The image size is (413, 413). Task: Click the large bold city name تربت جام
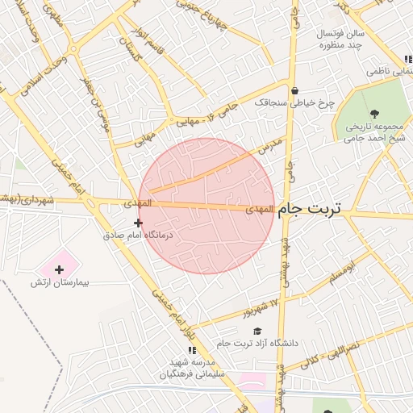tap(310, 208)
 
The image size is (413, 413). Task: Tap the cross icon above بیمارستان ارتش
tap(59, 269)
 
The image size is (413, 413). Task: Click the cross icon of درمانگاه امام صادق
tap(138, 223)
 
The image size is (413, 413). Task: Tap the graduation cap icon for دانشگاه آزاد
tap(257, 331)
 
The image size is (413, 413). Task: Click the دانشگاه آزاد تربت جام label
tap(257, 344)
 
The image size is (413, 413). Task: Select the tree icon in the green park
tap(373, 113)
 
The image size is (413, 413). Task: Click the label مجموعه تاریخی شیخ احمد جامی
tap(373, 132)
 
